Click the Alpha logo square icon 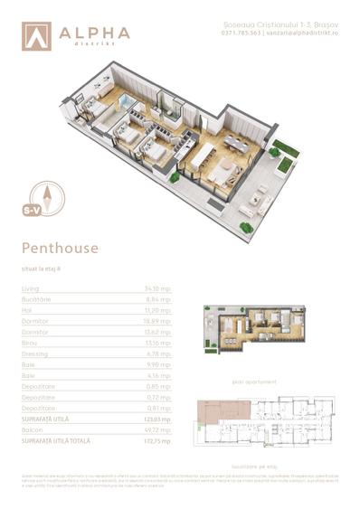(x=37, y=35)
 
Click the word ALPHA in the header (x=95, y=32)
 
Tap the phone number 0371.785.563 (x=242, y=32)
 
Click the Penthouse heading (x=60, y=246)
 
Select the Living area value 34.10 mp (x=157, y=288)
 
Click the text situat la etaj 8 (x=42, y=268)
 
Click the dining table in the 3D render (x=237, y=141)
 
